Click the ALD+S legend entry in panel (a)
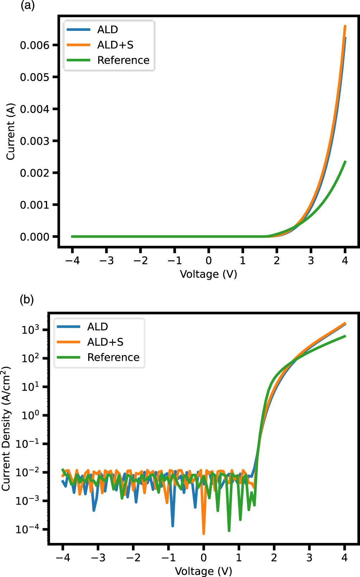[x=115, y=45]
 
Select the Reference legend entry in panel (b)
[x=113, y=358]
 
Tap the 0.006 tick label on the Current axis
[x=34, y=45]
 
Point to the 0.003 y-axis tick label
[x=34, y=141]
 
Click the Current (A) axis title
[x=10, y=132]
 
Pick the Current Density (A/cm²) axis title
[x=6, y=429]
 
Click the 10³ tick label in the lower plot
[x=30, y=330]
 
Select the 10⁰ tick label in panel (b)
[x=30, y=415]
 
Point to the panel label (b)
[x=27, y=299]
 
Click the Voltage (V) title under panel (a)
[x=208, y=274]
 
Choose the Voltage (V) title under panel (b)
[x=203, y=571]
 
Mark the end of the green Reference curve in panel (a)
[x=345, y=161]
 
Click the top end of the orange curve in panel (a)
[x=345, y=26]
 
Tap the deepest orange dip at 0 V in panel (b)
[x=204, y=533]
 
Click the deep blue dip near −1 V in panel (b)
[x=173, y=525]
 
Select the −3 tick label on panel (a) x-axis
[x=106, y=261]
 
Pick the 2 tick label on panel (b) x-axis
[x=274, y=558]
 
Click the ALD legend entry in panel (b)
[x=98, y=327]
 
